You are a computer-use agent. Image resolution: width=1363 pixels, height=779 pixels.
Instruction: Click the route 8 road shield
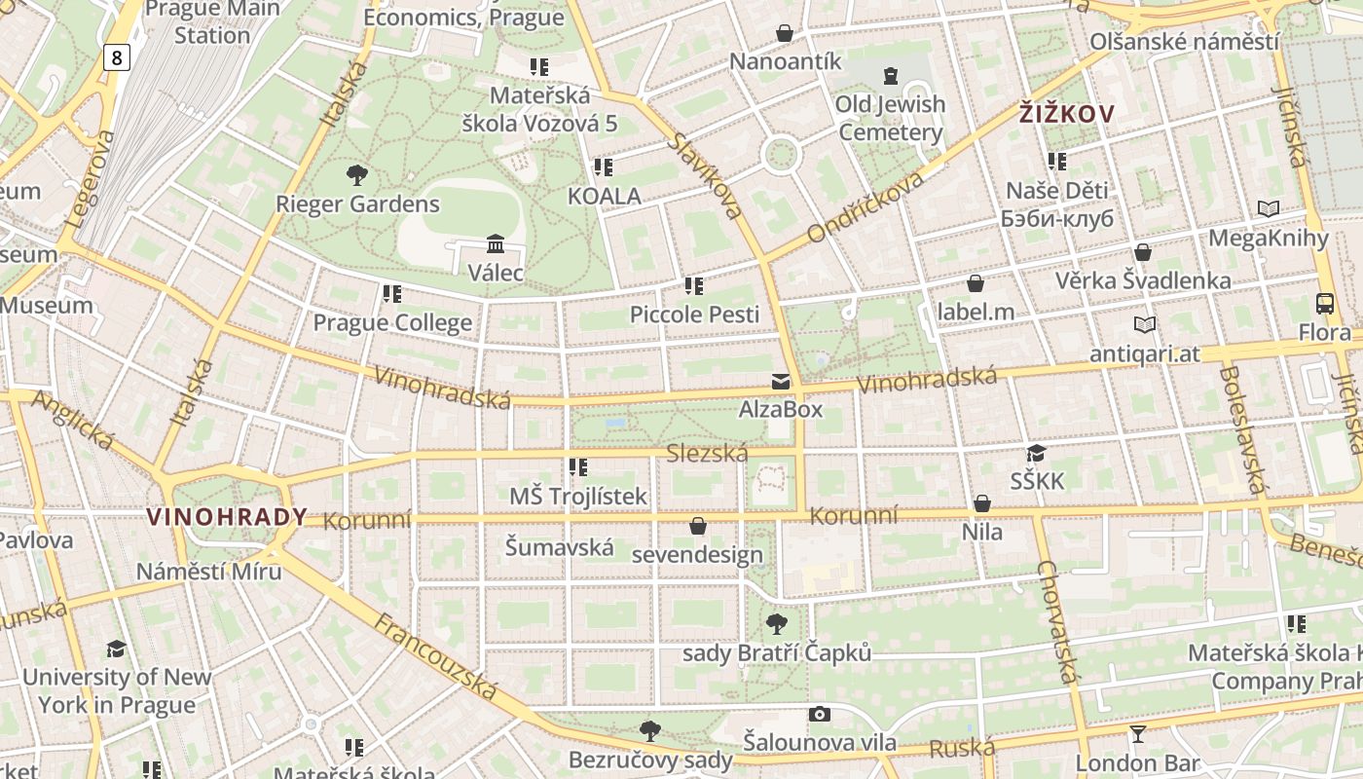coord(117,57)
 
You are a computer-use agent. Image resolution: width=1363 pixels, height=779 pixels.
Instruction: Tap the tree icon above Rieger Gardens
coord(357,175)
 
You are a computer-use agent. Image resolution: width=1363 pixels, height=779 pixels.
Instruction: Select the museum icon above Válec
coord(496,243)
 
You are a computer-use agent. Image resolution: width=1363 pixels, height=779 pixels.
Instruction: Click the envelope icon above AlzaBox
coord(781,381)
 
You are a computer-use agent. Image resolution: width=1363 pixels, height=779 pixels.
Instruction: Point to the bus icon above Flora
coord(1325,303)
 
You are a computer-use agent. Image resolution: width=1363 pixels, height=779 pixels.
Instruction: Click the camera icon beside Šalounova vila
coord(820,714)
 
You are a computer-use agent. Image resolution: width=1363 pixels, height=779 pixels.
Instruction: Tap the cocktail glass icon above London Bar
coord(1137,734)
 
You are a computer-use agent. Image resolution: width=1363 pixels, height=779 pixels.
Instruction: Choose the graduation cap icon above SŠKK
coord(1036,453)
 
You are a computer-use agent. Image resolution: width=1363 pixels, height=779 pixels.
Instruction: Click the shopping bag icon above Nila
coord(982,503)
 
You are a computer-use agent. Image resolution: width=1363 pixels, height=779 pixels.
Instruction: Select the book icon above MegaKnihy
coord(1268,208)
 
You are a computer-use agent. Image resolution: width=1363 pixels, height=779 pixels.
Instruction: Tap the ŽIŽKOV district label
coord(1066,114)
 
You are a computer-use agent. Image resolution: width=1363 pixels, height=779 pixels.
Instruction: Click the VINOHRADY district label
coord(227,517)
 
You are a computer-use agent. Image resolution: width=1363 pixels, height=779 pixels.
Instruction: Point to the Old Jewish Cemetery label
coord(890,118)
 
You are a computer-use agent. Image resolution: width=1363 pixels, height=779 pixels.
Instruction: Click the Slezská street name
coord(707,454)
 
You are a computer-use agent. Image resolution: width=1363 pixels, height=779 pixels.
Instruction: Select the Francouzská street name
coord(436,657)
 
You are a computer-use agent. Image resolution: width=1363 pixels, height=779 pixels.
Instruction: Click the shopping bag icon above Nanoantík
coord(785,33)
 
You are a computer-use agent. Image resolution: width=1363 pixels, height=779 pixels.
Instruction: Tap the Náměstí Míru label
coord(208,571)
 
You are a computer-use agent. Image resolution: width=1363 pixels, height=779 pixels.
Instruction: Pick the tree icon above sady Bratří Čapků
coord(776,623)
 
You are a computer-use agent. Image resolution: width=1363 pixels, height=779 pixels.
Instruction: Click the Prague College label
coord(392,322)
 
